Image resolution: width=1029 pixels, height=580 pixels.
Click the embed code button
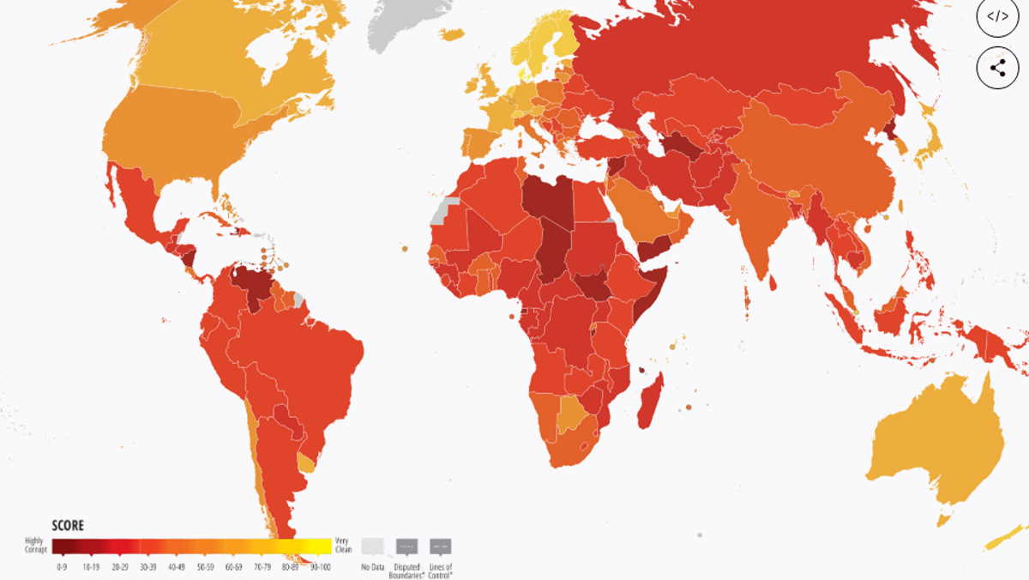click(x=998, y=16)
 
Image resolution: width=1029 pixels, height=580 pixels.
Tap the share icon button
click(x=998, y=69)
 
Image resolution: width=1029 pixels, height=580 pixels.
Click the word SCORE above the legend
click(x=68, y=526)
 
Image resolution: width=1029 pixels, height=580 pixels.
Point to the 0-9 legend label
click(x=62, y=567)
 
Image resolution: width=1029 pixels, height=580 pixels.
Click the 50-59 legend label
click(x=206, y=567)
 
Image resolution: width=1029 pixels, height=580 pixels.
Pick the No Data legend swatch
click(x=371, y=546)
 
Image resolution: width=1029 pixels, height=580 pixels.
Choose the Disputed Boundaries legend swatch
click(x=406, y=547)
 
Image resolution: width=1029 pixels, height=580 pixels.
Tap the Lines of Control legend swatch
click(x=441, y=547)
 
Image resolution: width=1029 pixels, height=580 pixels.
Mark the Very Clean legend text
click(x=343, y=545)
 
